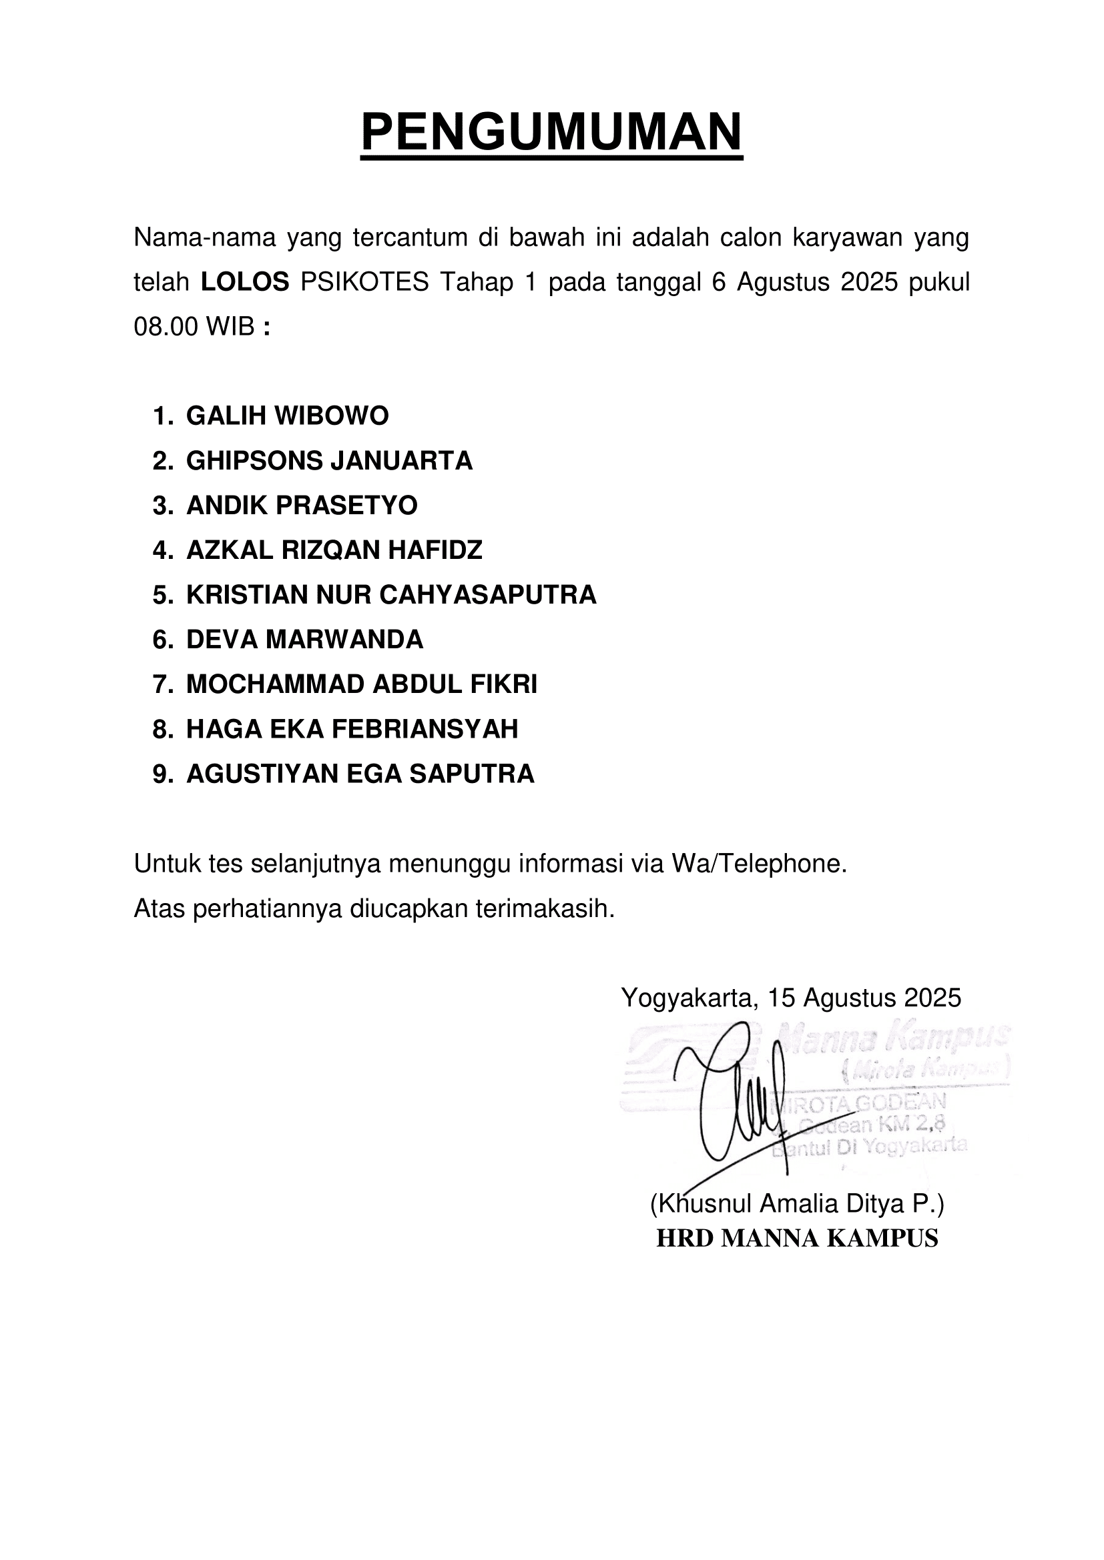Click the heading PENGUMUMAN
[x=551, y=132]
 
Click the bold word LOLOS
[x=245, y=282]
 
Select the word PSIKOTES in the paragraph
[x=364, y=282]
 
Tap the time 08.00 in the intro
[x=165, y=327]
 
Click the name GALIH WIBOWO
[x=287, y=416]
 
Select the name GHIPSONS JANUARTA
[x=329, y=461]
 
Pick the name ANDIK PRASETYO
[x=302, y=506]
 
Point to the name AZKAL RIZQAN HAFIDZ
[x=334, y=550]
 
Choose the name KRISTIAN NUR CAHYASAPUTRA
[x=391, y=594]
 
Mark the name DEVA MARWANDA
[x=304, y=640]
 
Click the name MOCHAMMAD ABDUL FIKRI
[x=362, y=684]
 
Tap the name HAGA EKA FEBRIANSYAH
[x=352, y=729]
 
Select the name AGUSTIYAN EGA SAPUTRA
[x=360, y=774]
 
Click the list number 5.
[x=161, y=594]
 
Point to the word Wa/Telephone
[x=760, y=864]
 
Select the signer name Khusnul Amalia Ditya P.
[x=797, y=1204]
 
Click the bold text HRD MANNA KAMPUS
[x=797, y=1238]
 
